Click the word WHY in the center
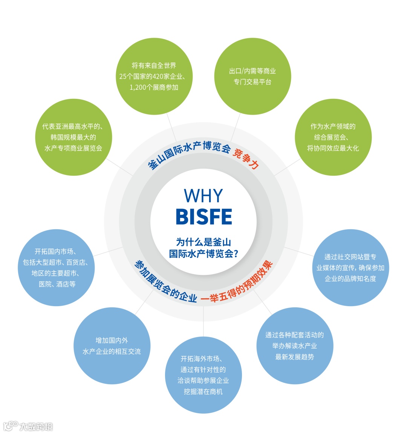[x=203, y=196]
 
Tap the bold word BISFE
[x=203, y=217]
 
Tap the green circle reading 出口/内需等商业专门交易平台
[x=252, y=76]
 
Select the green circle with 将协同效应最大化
[x=333, y=137]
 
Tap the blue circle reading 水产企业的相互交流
[x=112, y=346]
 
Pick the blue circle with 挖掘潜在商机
[x=203, y=375]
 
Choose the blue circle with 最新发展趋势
[x=295, y=346]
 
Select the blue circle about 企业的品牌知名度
[x=350, y=268]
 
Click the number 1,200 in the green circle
[x=138, y=87]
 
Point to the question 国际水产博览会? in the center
[x=203, y=253]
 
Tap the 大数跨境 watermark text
[x=36, y=426]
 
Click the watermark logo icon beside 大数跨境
[x=11, y=426]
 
